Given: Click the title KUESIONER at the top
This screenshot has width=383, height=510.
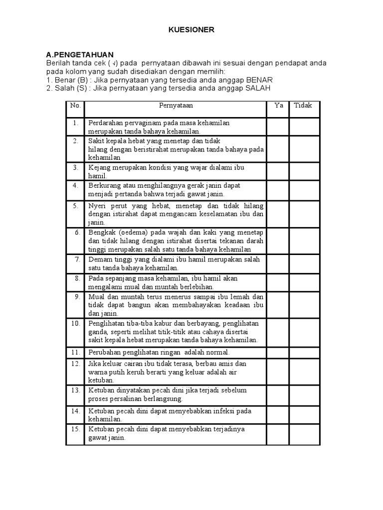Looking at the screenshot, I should point(191,30).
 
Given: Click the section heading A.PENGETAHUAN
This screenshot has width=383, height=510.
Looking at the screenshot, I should point(80,54).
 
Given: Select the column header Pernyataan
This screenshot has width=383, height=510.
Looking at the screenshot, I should point(176,106).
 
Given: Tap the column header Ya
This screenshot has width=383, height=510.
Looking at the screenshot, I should point(278,106).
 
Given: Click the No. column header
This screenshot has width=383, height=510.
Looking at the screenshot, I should point(75,106).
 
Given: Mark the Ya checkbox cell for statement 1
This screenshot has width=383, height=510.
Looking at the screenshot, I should point(277,127).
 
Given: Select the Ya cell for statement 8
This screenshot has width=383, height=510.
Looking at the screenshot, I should point(277,282).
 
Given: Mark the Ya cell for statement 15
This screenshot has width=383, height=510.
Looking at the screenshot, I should point(277,433).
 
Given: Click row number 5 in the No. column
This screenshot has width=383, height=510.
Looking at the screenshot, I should point(76,205).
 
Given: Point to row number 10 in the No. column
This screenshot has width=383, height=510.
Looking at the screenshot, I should point(75,323).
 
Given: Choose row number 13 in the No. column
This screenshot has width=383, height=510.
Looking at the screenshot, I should point(75,390).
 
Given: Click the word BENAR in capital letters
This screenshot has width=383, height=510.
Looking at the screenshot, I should point(260,80).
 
